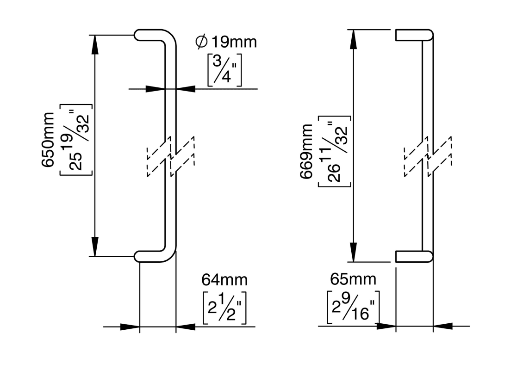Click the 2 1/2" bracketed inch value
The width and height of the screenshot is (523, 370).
(224, 307)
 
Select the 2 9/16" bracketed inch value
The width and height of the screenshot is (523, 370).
(353, 306)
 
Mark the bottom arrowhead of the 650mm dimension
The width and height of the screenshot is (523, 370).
(95, 247)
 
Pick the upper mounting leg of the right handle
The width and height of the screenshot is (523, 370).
(413, 35)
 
